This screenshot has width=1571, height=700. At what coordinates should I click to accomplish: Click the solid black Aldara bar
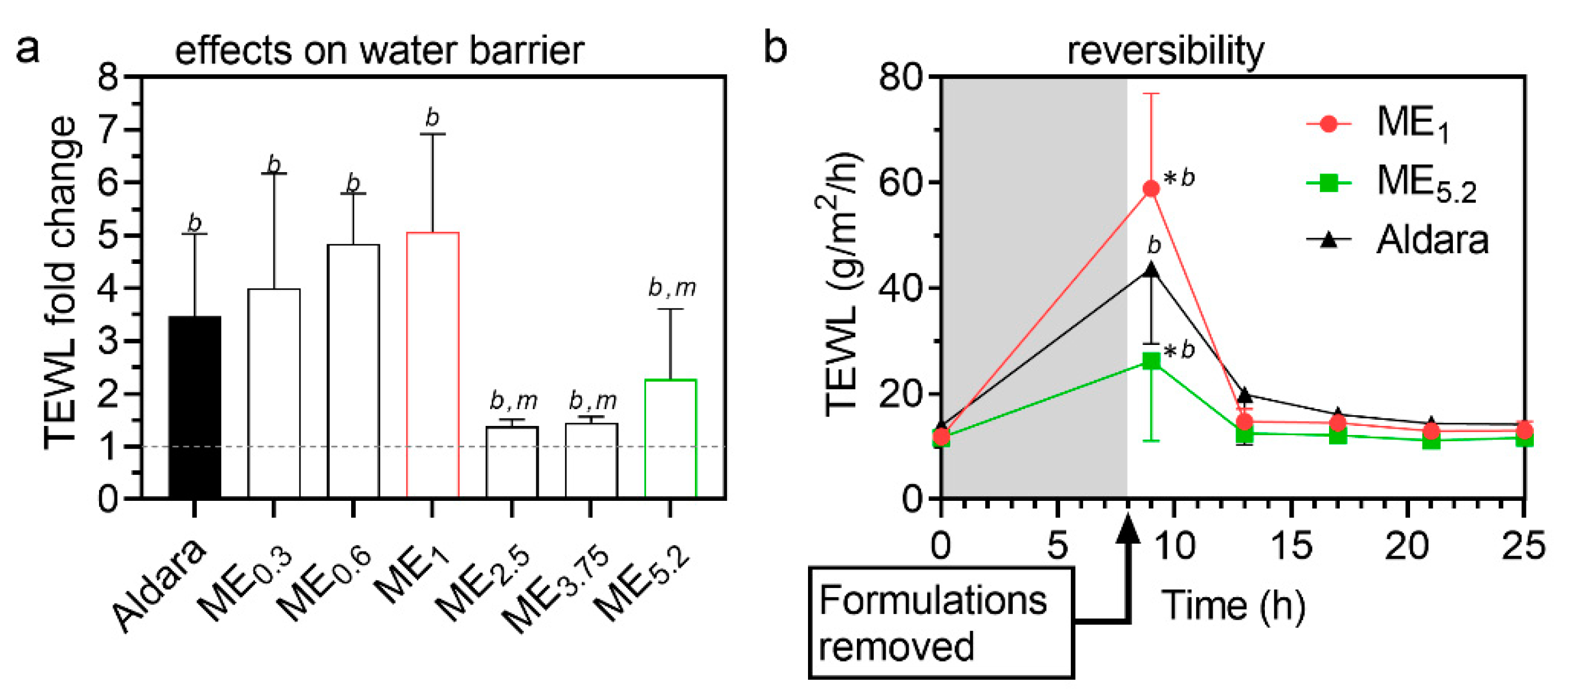point(195,407)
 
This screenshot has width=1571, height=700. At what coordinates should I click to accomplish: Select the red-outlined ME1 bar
point(432,365)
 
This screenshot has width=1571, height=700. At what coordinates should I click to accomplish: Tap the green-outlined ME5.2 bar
point(670,438)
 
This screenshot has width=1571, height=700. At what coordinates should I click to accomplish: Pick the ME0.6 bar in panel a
point(353,371)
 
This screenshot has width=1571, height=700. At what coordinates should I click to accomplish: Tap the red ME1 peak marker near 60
point(1151,189)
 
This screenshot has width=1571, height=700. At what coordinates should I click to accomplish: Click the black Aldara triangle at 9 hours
point(1151,270)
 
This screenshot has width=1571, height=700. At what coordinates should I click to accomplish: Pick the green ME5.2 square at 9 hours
point(1151,362)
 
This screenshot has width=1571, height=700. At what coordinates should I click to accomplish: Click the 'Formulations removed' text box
point(940,622)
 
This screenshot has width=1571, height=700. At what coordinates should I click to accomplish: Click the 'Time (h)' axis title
point(1232,605)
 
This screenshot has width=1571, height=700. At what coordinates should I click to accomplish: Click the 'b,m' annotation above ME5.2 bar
point(671,287)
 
